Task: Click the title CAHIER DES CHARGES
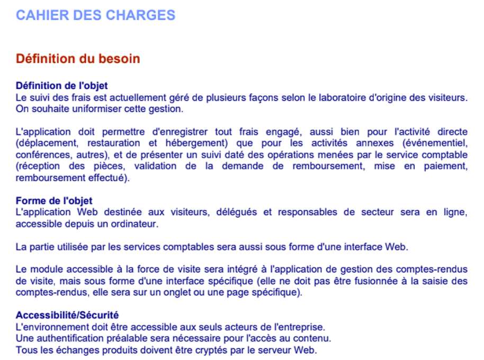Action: [x=95, y=15]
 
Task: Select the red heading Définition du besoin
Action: [x=78, y=59]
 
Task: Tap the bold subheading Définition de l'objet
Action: [x=62, y=86]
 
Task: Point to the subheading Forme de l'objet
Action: [x=54, y=201]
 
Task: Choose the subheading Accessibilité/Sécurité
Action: [x=67, y=316]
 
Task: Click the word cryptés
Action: [x=188, y=350]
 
